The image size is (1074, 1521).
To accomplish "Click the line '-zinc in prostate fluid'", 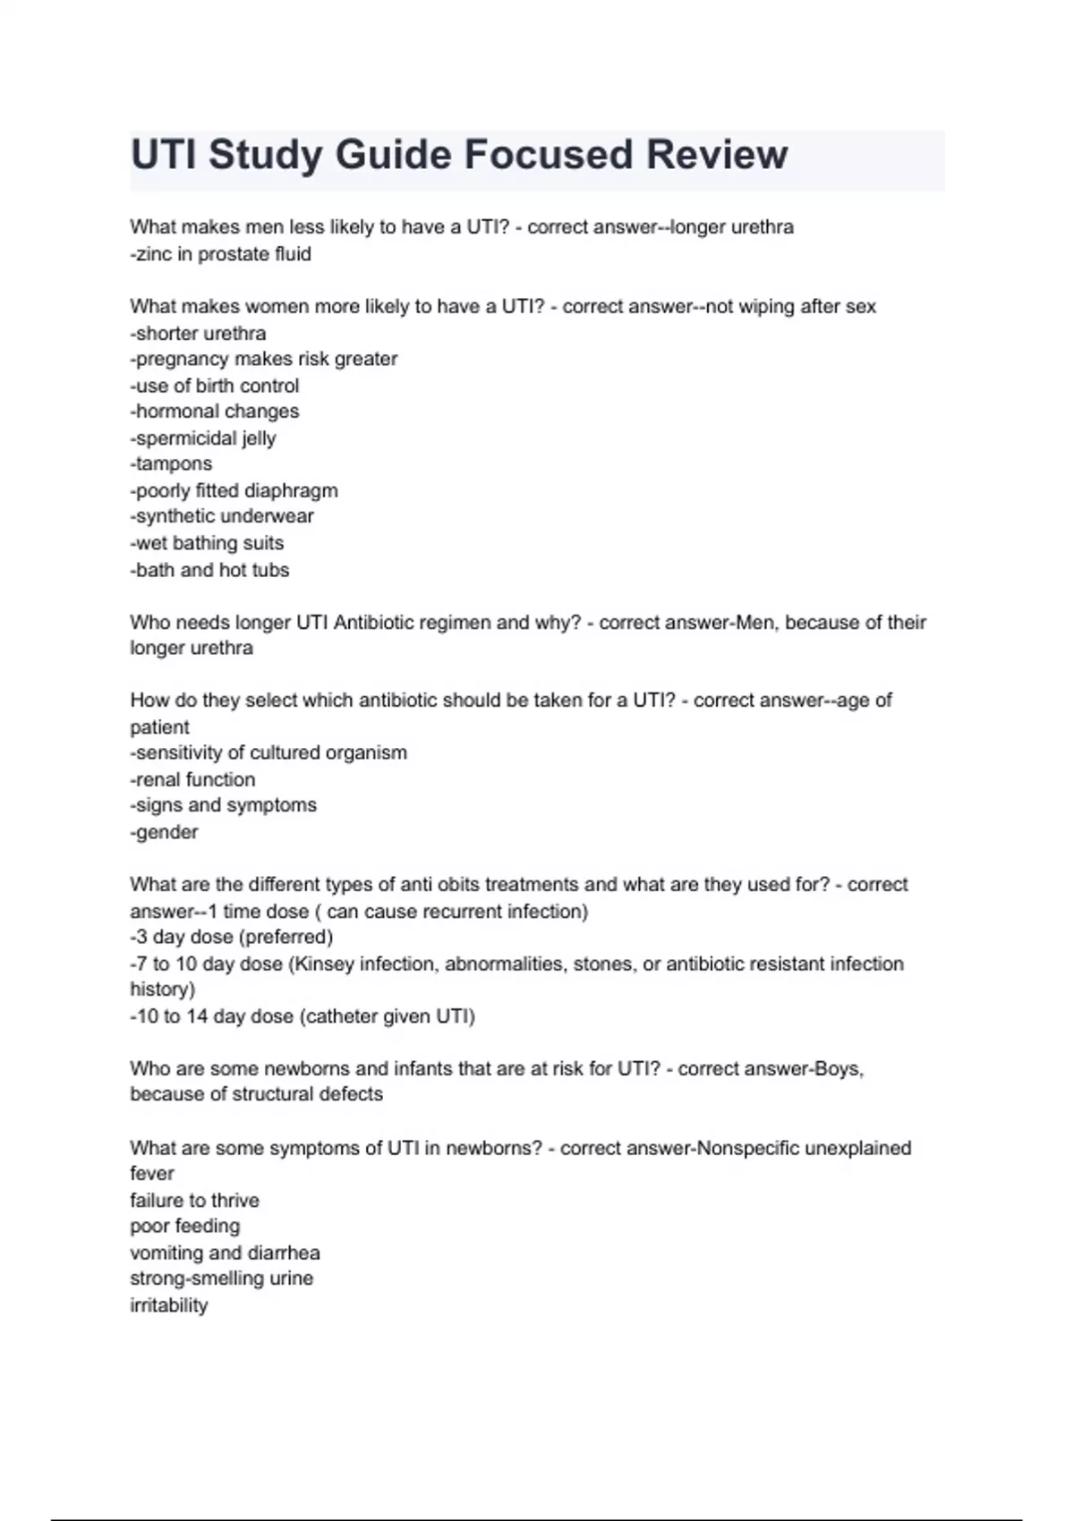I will (x=220, y=254).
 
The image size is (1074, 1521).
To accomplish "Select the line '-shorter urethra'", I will (x=198, y=334).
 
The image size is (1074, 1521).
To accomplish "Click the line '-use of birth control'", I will (x=215, y=386).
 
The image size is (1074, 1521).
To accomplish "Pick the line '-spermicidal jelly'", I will (x=203, y=438).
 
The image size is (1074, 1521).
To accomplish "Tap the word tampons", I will (x=174, y=464).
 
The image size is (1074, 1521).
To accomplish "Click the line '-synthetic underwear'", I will (x=222, y=516).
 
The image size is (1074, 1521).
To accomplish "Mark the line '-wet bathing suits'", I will (x=207, y=543).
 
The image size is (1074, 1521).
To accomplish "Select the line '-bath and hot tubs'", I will (x=209, y=570).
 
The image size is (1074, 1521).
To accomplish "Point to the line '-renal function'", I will (x=192, y=780).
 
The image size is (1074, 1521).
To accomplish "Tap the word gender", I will (x=166, y=832).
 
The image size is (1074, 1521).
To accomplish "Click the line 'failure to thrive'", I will (x=194, y=1201).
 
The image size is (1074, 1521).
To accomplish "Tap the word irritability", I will (x=168, y=1305).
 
